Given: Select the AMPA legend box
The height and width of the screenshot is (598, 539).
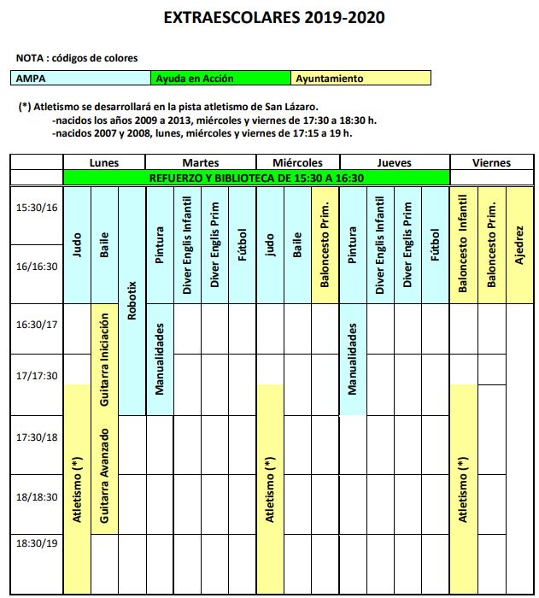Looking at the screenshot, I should click(81, 79).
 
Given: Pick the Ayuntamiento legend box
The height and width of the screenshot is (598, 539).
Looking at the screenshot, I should click(360, 79).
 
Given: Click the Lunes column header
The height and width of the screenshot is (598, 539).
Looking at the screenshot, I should click(104, 162).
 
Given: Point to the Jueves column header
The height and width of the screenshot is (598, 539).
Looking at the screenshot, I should click(394, 162).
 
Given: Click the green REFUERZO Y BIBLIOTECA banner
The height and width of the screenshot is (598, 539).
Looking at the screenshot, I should click(256, 178).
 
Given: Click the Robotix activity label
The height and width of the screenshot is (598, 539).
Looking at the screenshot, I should click(132, 300).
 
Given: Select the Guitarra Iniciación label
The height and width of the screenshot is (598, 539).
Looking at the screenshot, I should click(104, 360).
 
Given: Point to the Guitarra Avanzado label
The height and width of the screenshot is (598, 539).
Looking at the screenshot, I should click(104, 477).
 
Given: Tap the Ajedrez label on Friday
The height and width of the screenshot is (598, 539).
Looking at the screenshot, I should click(519, 244).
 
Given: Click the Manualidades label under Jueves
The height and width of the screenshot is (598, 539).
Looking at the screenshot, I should click(353, 358).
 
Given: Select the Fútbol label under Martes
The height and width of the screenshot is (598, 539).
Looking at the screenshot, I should click(243, 244).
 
